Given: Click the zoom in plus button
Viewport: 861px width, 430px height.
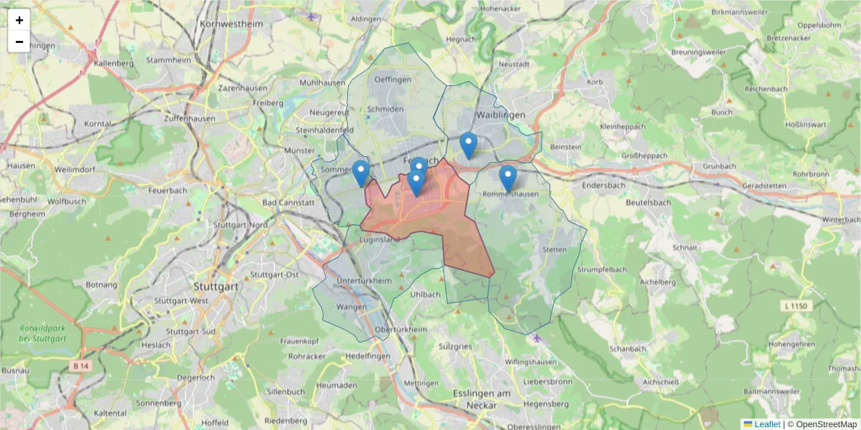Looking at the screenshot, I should click(19, 20).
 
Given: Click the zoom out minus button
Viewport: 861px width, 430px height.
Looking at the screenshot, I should click(19, 42).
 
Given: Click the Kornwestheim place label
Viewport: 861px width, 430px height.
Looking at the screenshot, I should click(232, 24).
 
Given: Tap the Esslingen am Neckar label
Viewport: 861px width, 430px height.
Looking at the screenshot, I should click(481, 399).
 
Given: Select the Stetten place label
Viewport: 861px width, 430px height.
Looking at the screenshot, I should click(555, 249).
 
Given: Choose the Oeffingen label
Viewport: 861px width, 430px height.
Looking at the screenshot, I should click(392, 80).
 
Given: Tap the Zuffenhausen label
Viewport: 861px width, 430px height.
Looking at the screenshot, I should click(189, 118).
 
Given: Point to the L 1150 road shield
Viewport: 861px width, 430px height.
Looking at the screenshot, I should click(796, 306).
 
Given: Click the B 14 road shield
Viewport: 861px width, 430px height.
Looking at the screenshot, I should click(81, 365).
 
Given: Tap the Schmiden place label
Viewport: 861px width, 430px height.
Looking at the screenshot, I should click(385, 109).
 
